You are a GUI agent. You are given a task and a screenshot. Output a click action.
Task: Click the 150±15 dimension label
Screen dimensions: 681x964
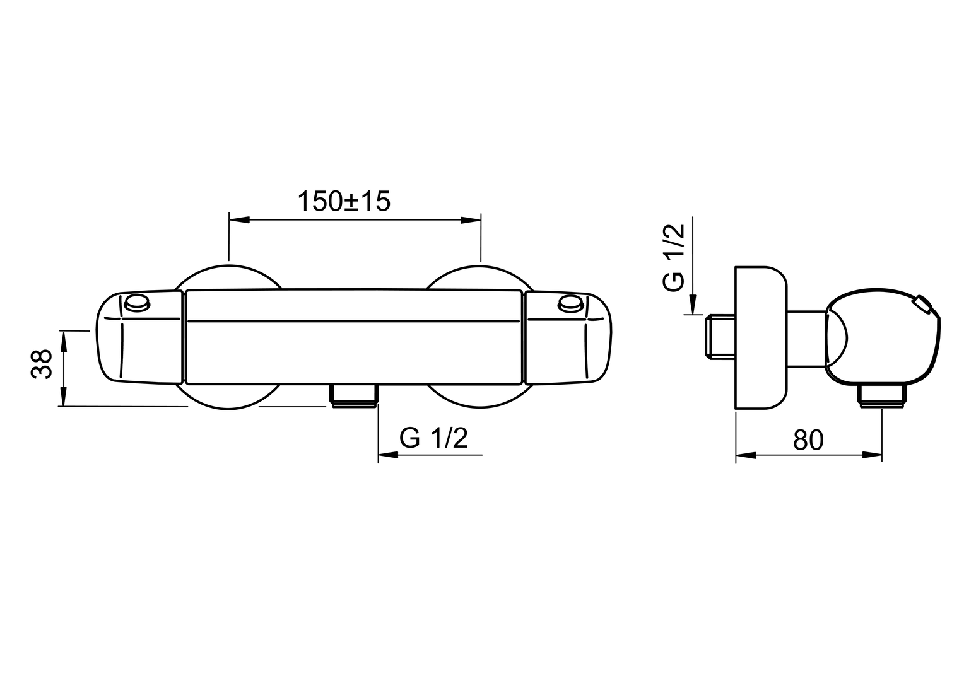pyautogui.click(x=344, y=201)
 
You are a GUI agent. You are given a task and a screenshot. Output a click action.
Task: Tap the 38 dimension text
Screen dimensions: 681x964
pyautogui.click(x=42, y=364)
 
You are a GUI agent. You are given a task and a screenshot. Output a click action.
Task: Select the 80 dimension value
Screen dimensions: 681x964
pyautogui.click(x=808, y=439)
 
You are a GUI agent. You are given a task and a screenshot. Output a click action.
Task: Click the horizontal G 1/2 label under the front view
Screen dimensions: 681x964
pyautogui.click(x=433, y=438)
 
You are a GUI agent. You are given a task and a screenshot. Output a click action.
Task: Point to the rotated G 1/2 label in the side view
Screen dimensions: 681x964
pyautogui.click(x=674, y=257)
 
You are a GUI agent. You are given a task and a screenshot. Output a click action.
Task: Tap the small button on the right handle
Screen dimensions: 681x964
pyautogui.click(x=570, y=303)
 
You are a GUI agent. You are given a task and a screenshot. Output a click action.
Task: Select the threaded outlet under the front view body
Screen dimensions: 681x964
pyautogui.click(x=353, y=395)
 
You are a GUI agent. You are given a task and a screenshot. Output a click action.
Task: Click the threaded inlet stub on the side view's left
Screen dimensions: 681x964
pyautogui.click(x=720, y=336)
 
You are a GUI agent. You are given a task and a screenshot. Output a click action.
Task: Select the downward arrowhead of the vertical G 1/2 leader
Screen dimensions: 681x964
pyautogui.click(x=693, y=304)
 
